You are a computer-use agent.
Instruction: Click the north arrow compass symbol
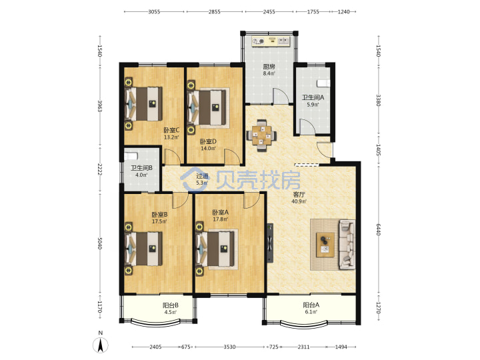(x=101, y=345)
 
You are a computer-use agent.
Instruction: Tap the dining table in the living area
(x=261, y=135)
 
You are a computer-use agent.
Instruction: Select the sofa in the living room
(x=347, y=245)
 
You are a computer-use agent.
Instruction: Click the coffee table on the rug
(x=325, y=245)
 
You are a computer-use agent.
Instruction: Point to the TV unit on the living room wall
(x=270, y=243)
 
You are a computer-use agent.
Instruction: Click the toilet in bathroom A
(x=324, y=83)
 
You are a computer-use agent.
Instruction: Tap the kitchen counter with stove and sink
(x=271, y=41)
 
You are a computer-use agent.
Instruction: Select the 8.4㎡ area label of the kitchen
(x=269, y=73)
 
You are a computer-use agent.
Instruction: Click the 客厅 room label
(x=299, y=195)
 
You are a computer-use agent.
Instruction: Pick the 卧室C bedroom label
(x=171, y=130)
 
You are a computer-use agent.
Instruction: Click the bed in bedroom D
(x=209, y=108)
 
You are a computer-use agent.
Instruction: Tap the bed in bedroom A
(x=217, y=249)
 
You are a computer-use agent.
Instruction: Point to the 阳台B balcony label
(x=171, y=305)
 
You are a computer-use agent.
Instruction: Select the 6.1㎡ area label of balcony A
(x=311, y=312)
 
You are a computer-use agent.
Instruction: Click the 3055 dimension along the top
(x=154, y=11)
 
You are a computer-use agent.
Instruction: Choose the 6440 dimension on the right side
(x=379, y=229)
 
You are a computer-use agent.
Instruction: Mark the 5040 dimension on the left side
(x=99, y=243)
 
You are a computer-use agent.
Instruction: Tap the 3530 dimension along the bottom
(x=229, y=347)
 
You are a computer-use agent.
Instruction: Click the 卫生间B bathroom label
(x=141, y=168)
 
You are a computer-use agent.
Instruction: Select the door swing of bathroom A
(x=307, y=127)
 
